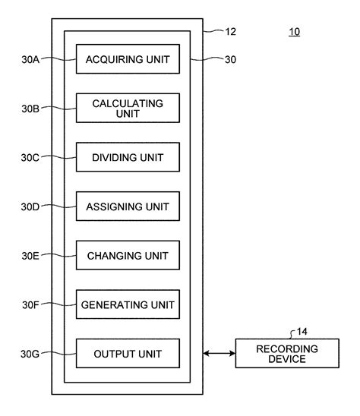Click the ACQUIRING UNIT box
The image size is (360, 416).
tap(128, 59)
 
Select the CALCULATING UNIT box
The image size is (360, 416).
tap(128, 108)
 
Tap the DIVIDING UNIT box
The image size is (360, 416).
tap(128, 157)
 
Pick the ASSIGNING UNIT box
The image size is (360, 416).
tap(128, 206)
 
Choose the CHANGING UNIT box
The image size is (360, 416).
tap(128, 255)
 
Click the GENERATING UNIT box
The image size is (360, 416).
tap(128, 304)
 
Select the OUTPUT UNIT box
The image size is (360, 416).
tap(128, 354)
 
